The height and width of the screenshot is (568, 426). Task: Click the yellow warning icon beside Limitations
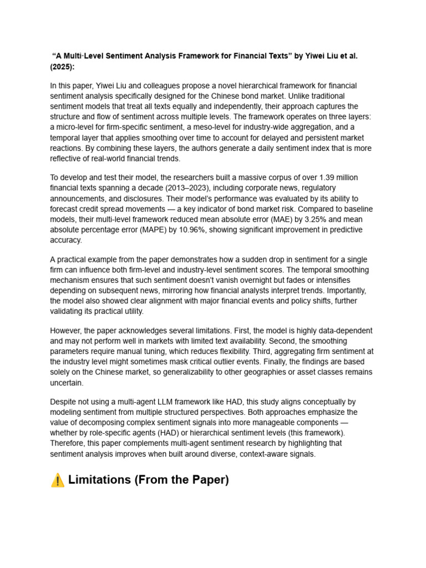pos(57,480)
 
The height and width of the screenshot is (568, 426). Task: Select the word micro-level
pos(78,127)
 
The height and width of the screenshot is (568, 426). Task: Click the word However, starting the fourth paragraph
pos(69,331)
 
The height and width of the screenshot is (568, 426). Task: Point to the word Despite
pos(66,402)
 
